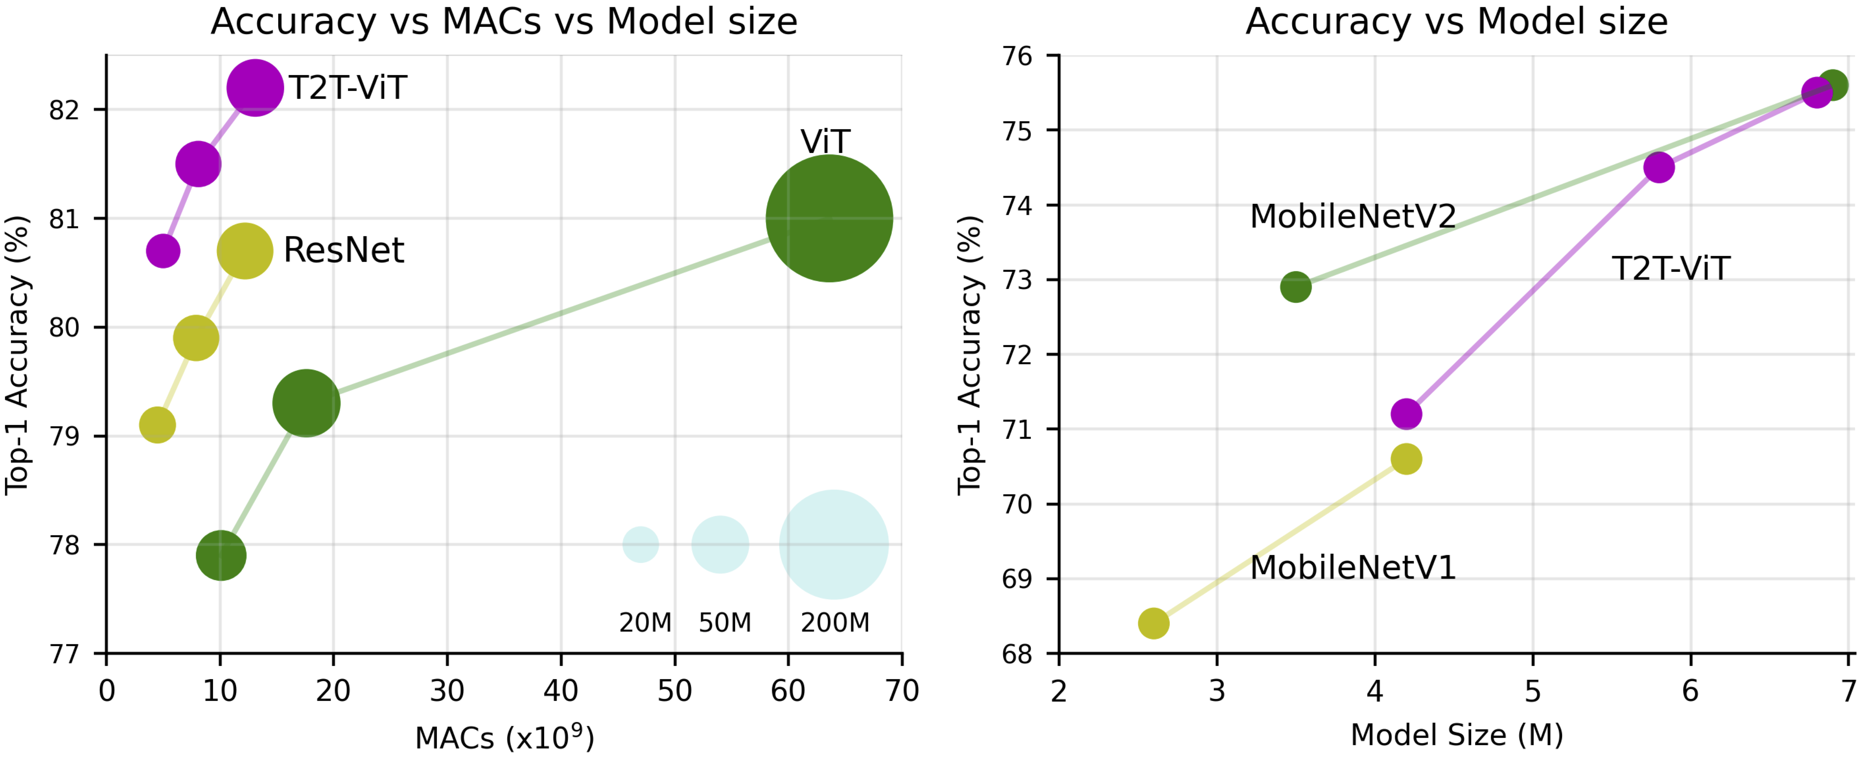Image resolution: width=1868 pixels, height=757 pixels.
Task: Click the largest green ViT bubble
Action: pos(829,218)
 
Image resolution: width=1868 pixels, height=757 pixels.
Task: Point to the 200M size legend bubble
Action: pos(834,545)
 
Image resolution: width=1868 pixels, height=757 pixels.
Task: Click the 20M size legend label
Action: pos(645,622)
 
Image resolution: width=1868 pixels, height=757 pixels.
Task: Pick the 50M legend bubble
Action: pos(720,545)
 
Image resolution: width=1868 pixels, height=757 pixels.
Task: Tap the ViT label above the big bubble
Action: pos(825,141)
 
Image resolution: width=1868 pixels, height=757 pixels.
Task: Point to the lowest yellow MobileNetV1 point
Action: pos(1154,623)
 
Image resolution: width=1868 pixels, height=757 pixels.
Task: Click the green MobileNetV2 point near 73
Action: pos(1296,287)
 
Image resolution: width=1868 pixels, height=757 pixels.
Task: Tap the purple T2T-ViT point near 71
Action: pos(1406,414)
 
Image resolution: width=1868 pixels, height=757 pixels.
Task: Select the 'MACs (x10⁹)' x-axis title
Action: pos(505,737)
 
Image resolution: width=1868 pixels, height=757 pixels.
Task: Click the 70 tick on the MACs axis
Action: pos(902,691)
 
